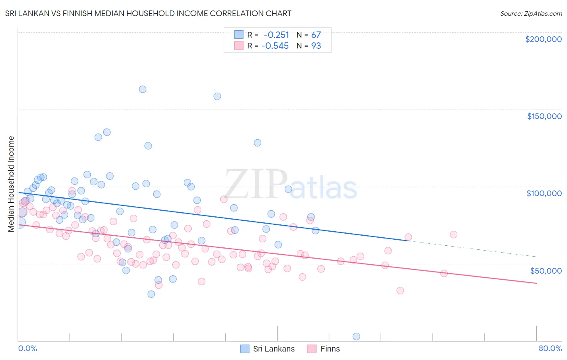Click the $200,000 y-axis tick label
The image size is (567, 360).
coord(543,39)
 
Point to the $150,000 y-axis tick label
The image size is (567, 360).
coord(544,116)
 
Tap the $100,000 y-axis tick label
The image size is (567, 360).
coord(544,193)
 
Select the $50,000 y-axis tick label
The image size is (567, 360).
coord(546,270)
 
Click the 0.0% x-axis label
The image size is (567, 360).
coord(27,348)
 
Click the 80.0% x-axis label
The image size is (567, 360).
coord(550,348)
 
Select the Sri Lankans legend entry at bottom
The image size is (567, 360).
coord(268,349)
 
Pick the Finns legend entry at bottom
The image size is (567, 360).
coord(324,349)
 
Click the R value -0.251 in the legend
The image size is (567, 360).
coord(276,35)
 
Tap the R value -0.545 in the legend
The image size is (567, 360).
coord(275,46)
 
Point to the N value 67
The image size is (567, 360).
coord(316,35)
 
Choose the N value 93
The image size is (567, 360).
coord(316,46)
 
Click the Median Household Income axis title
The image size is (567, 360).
coord(11,184)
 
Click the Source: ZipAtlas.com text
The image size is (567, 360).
coord(531,14)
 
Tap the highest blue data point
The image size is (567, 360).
coord(142,89)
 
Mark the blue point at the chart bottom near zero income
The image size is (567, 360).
coord(356,336)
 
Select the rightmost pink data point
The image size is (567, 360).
coord(453,234)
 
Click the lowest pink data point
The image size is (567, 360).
coord(400,291)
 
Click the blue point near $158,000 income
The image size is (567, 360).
coord(217,96)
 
